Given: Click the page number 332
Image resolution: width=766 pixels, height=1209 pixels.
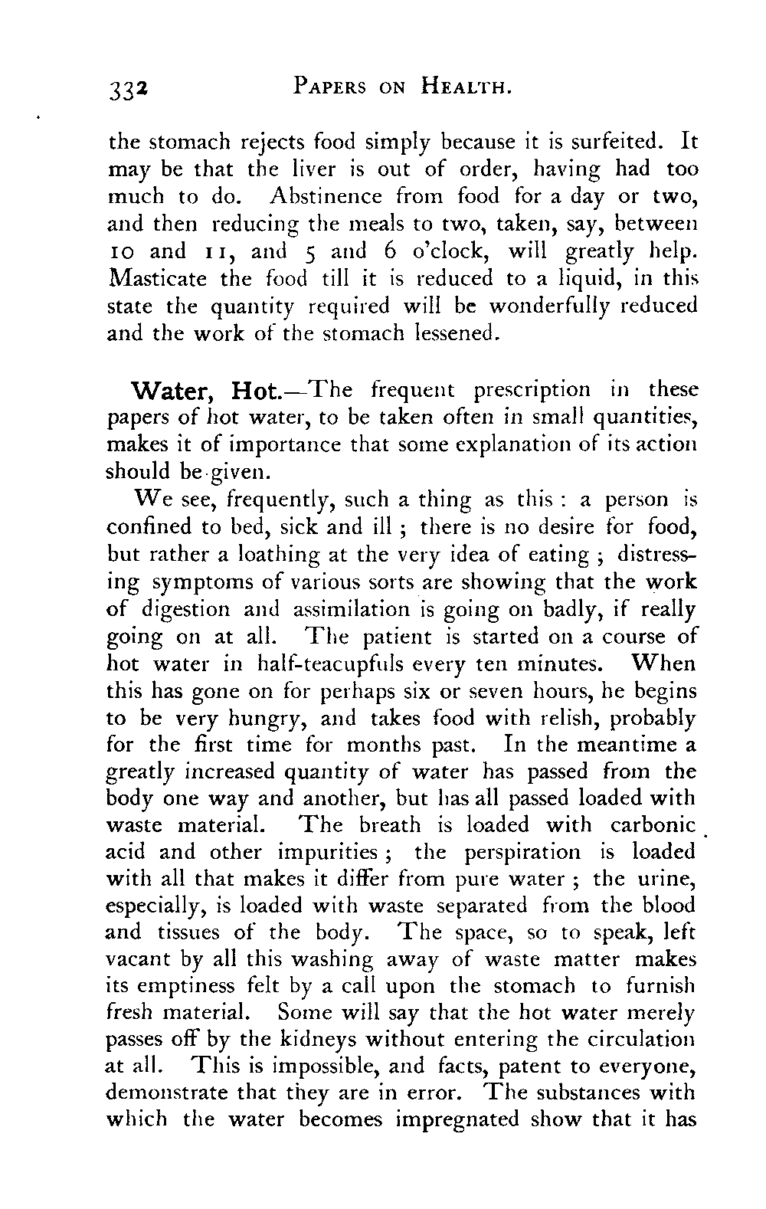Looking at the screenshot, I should pos(128,90).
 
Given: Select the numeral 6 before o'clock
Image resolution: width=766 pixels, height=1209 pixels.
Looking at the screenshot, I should pos(385,251).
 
